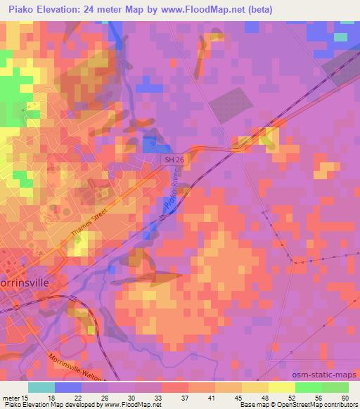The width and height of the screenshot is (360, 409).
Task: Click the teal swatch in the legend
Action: pos(41,387)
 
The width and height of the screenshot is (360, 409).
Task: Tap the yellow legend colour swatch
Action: pos(282,387)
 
